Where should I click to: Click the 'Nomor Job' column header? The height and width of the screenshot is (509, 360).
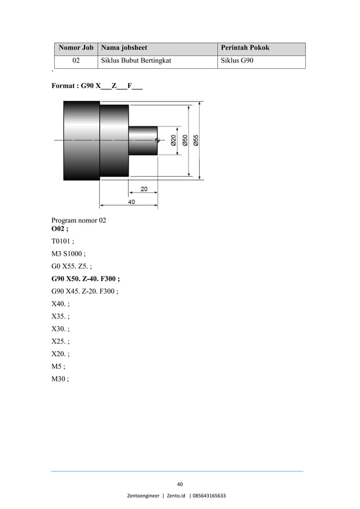point(75,47)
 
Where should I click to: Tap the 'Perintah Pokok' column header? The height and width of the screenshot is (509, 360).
point(244,47)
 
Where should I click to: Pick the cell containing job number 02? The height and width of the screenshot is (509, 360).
point(75,60)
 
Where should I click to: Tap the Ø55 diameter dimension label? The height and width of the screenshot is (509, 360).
point(196,140)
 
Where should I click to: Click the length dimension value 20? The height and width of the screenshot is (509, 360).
point(144,189)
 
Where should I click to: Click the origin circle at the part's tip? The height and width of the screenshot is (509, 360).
point(157,139)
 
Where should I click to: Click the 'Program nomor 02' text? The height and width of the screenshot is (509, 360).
point(78,221)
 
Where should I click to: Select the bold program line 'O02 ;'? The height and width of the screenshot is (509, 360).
point(60,229)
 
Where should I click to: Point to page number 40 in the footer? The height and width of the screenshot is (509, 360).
point(180,484)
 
